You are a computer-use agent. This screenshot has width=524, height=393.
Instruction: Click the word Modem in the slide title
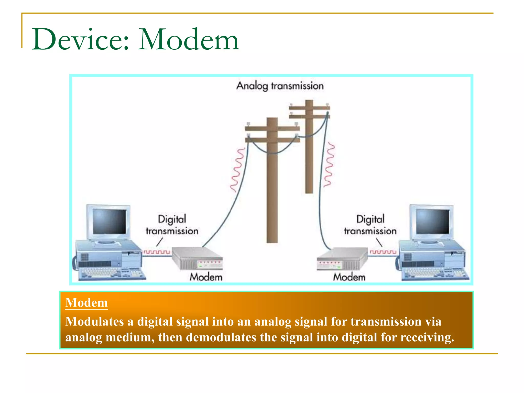pyautogui.click(x=189, y=40)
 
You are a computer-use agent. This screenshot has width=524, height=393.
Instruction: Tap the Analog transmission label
pyautogui.click(x=280, y=86)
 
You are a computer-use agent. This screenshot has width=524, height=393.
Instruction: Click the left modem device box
pyautogui.click(x=197, y=258)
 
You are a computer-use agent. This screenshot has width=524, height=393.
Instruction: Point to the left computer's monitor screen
pyautogui.click(x=110, y=221)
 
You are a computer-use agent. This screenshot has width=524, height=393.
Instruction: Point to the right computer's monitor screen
pyautogui.click(x=433, y=221)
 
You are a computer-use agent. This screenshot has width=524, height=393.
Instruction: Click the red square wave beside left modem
pyautogui.click(x=157, y=252)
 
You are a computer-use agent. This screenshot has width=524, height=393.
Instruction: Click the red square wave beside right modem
pyautogui.click(x=383, y=252)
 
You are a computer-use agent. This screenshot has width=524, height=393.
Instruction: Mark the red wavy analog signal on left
pyautogui.click(x=237, y=170)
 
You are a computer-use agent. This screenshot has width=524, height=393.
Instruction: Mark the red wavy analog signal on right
pyautogui.click(x=329, y=165)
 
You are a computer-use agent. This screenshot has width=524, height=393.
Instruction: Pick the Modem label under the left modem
pyautogui.click(x=206, y=277)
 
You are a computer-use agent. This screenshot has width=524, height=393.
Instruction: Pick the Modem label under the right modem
pyautogui.click(x=349, y=277)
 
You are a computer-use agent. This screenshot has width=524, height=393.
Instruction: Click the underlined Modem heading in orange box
pyautogui.click(x=86, y=303)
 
